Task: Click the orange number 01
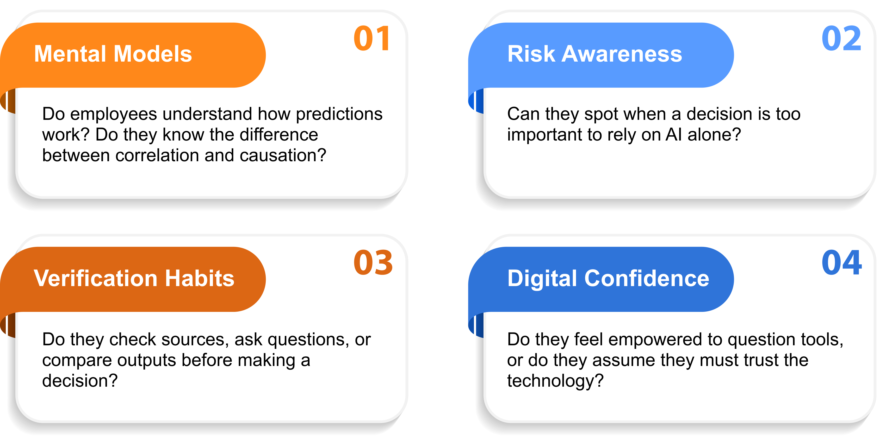[372, 38]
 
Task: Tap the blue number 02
[841, 38]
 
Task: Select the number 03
[373, 263]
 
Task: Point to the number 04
[842, 263]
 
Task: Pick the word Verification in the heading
[96, 278]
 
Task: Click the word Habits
[199, 278]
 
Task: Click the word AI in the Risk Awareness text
[673, 135]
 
